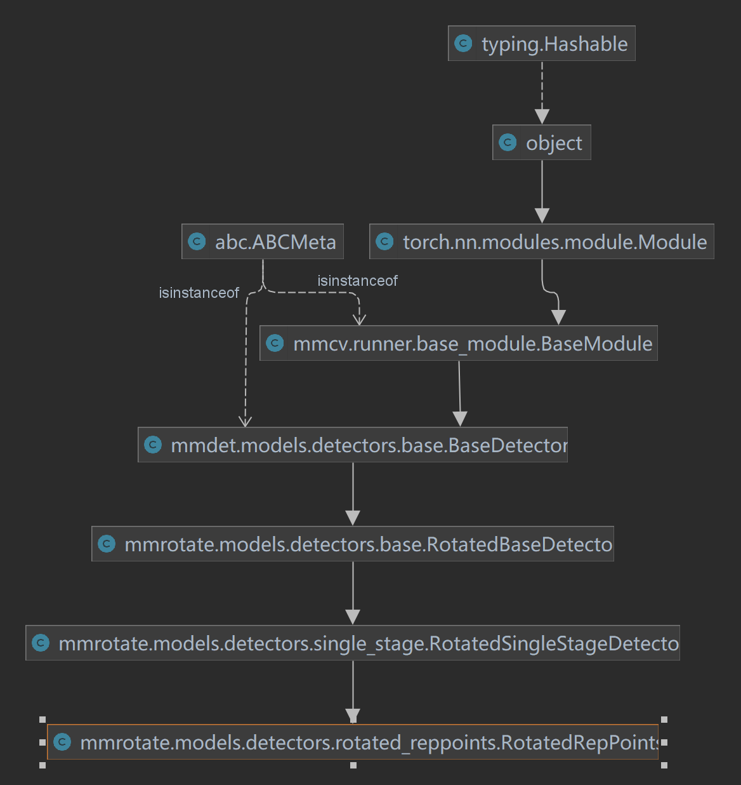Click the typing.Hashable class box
click(x=541, y=44)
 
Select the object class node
click(x=541, y=143)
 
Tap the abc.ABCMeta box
click(x=263, y=242)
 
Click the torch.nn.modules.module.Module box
click(x=541, y=242)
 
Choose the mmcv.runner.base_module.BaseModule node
click(x=458, y=344)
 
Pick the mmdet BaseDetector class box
click(x=353, y=445)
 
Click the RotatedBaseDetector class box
click(x=353, y=544)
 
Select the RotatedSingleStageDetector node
click(x=353, y=643)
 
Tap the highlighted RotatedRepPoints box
click(x=353, y=742)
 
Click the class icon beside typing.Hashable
click(x=464, y=43)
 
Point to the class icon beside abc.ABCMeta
click(x=197, y=241)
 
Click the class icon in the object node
click(x=508, y=142)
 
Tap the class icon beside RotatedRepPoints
click(x=62, y=742)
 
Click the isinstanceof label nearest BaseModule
click(x=357, y=281)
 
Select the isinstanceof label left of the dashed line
click(x=199, y=293)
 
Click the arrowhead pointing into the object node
click(x=542, y=116)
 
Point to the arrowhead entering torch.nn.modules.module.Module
click(x=542, y=215)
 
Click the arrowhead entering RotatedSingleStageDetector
click(x=353, y=617)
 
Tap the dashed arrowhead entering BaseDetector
click(x=246, y=421)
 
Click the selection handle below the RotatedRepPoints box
click(x=353, y=765)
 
